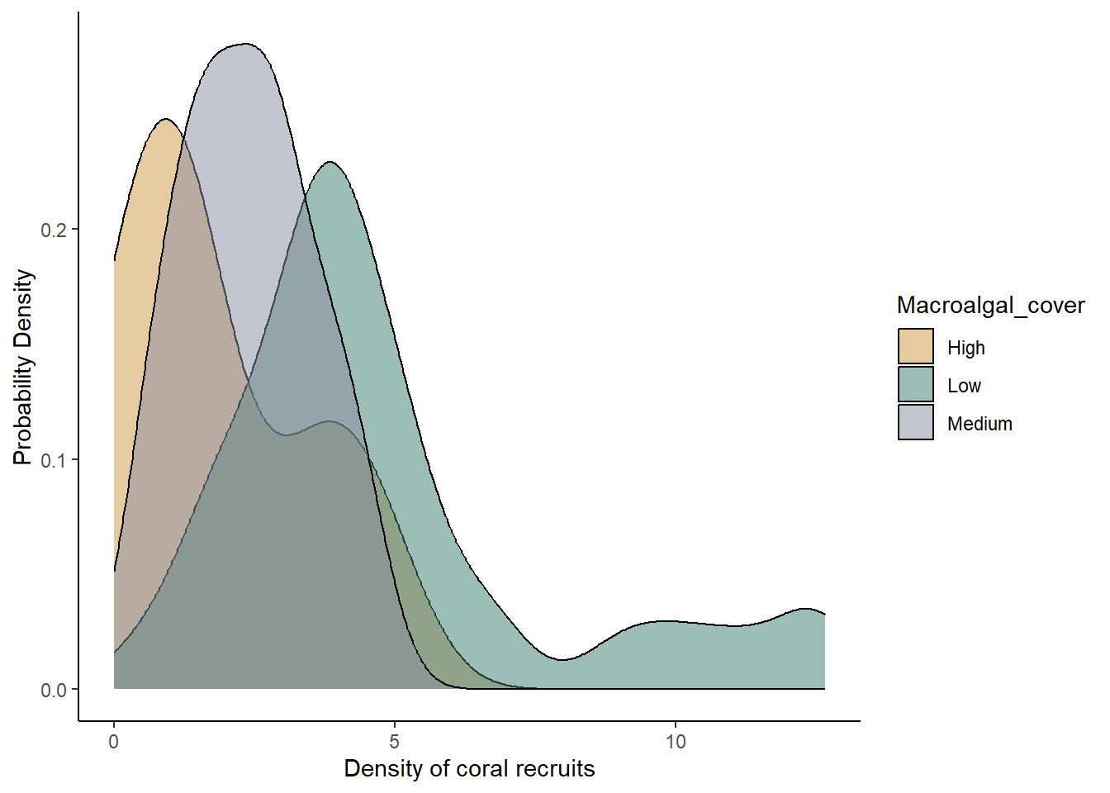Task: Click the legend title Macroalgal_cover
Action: click(990, 306)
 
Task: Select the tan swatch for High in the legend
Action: click(916, 346)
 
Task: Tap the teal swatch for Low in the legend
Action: click(916, 384)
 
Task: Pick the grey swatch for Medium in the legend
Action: click(916, 422)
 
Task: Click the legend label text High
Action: click(965, 348)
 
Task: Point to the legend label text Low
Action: click(964, 386)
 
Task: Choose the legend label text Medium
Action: click(980, 424)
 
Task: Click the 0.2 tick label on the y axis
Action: click(54, 230)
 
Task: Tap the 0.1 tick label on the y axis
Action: click(54, 460)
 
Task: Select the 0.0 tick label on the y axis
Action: click(54, 691)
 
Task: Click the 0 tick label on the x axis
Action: click(114, 742)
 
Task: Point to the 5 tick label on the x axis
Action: click(395, 742)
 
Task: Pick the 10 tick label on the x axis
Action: click(676, 742)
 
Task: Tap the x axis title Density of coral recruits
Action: click(469, 769)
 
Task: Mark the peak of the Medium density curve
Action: click(244, 44)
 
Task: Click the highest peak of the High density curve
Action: click(166, 120)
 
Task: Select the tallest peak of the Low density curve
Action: click(330, 162)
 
